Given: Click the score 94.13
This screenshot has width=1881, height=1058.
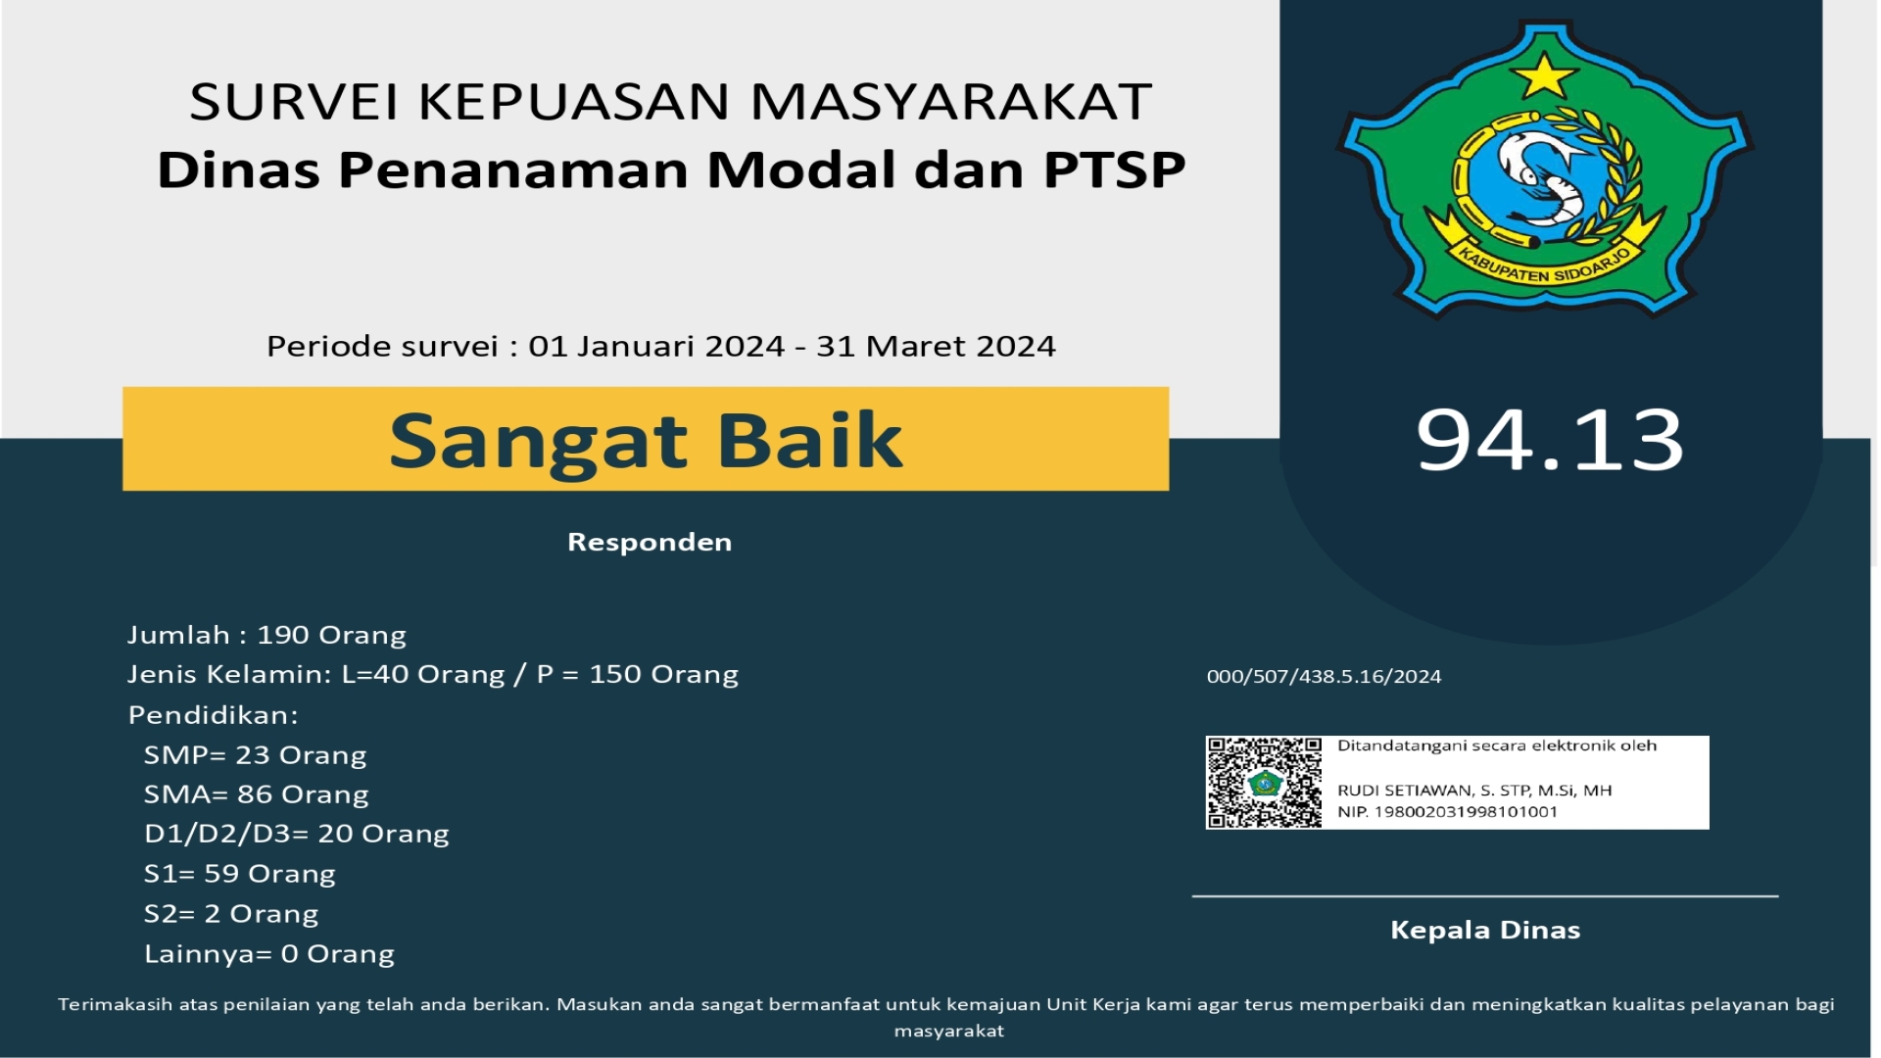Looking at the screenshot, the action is pos(1550,440).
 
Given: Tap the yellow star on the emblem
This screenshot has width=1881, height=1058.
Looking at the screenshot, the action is pos(1544,74).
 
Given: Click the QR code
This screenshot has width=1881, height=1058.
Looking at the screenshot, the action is pos(1264,783).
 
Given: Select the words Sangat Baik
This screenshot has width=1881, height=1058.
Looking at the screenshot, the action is pos(646,440).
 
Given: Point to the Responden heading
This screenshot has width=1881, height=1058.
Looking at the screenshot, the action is pos(650,542).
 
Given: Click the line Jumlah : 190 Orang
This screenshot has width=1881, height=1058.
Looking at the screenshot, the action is pos(266,635).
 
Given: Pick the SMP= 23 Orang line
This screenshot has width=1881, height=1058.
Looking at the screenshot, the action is pos(255,755).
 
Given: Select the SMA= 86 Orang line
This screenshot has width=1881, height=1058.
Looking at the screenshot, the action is pos(257,794).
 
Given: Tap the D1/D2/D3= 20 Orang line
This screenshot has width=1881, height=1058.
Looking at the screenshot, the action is pos(297,834).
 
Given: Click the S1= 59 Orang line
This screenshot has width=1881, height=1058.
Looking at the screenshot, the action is pos(240,874).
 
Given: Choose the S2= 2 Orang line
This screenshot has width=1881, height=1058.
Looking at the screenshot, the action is pos(231,914).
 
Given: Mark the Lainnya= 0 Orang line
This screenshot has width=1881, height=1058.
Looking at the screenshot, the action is pos(269,954).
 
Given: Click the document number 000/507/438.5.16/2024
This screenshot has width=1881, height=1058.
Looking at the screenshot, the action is pos(1325,676).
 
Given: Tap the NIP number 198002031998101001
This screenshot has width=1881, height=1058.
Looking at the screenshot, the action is pos(1466,811).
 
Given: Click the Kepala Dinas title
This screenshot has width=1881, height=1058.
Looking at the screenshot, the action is pos(1485,930).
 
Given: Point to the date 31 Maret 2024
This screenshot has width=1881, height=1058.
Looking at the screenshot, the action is pos(936,346).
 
